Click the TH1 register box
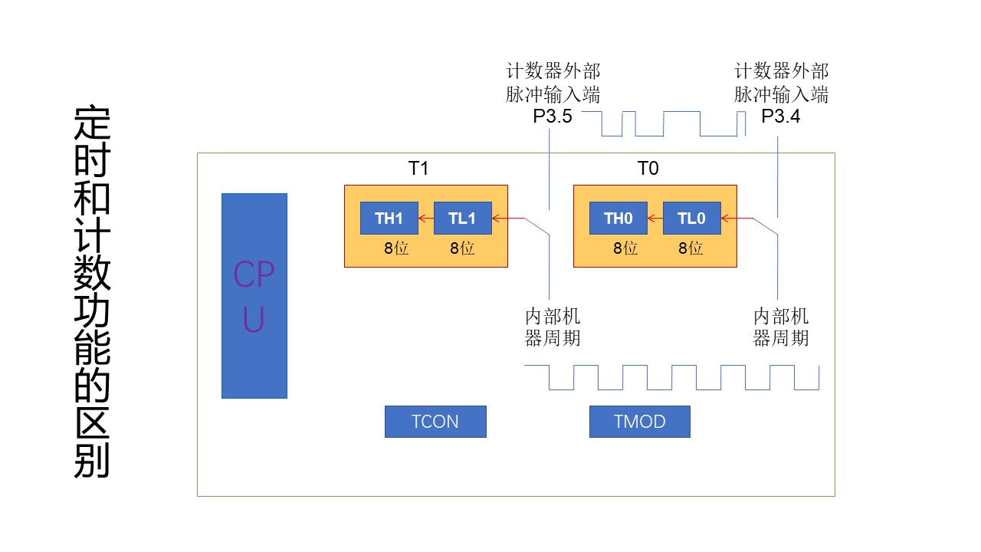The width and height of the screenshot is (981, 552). click(389, 219)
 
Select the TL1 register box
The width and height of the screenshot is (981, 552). click(462, 219)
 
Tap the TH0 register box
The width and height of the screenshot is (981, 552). click(618, 219)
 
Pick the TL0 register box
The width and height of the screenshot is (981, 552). click(691, 219)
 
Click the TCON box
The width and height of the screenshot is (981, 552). click(435, 422)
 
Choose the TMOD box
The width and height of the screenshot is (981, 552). click(639, 422)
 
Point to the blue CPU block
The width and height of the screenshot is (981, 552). click(254, 295)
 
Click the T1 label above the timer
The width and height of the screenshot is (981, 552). click(418, 169)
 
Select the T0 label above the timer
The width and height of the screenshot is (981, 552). click(648, 169)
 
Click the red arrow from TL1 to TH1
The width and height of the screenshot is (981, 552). click(426, 219)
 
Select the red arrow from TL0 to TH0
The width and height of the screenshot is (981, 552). click(655, 219)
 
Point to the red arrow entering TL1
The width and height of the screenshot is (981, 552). click(508, 219)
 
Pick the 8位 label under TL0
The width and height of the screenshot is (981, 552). click(691, 248)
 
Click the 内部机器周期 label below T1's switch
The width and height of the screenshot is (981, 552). click(553, 327)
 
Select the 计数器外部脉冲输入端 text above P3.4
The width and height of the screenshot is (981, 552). click(781, 84)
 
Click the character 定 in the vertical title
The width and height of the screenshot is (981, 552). click(92, 124)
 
